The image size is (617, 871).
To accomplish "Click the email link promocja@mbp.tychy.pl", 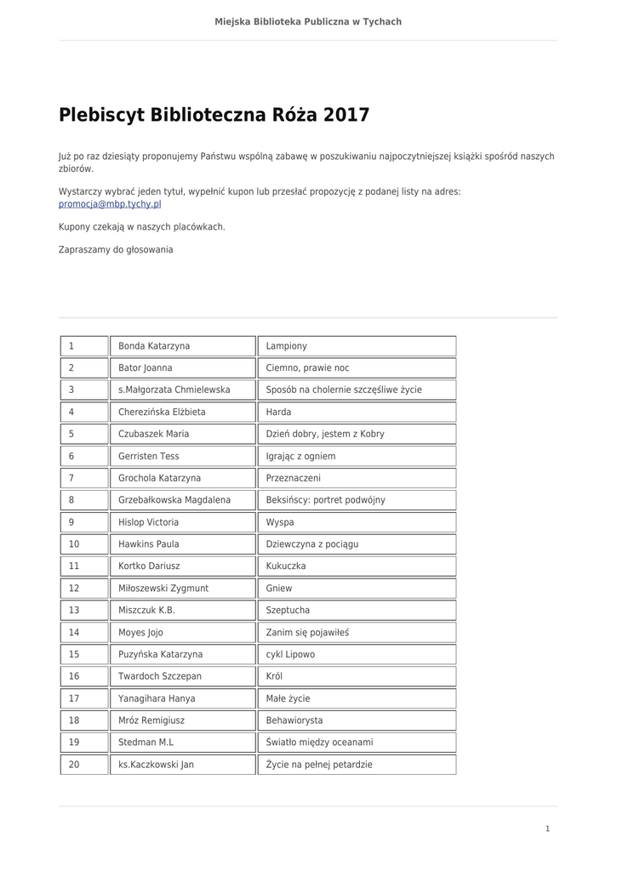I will click(110, 205).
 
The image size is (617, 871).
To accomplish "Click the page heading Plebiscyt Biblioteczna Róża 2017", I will click(214, 115).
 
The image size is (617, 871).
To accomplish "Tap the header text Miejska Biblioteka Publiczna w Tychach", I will click(308, 21).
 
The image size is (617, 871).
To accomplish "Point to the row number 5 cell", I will click(84, 434).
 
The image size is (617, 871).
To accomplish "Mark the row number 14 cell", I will click(84, 633).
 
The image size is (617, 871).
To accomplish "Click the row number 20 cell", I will click(84, 765).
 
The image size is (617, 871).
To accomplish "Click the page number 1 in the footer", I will click(548, 828).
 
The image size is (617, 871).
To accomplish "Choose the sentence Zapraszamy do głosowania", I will click(116, 250).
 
